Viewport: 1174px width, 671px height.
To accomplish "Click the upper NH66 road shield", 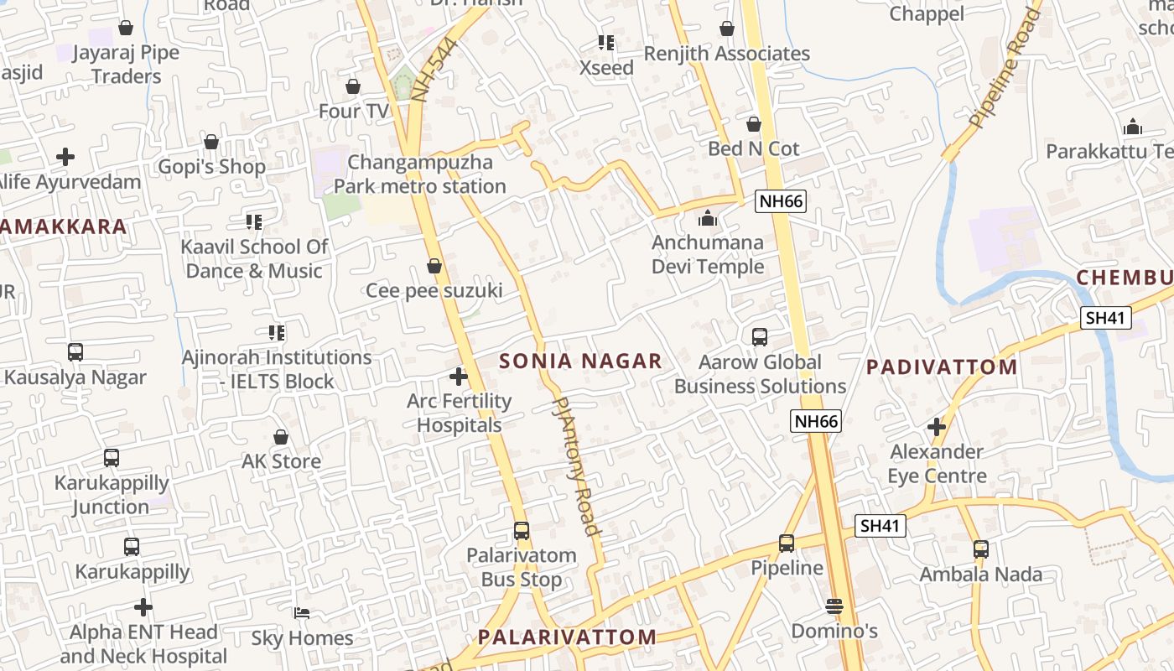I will (x=781, y=200).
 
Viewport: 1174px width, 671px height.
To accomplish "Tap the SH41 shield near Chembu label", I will (x=1106, y=318).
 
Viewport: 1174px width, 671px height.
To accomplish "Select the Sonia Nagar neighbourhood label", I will (x=580, y=362).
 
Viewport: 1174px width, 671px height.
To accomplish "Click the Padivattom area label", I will (x=942, y=367).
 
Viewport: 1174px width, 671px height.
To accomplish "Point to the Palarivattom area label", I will (x=568, y=637).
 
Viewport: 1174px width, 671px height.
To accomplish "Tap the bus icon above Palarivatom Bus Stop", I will (x=522, y=531).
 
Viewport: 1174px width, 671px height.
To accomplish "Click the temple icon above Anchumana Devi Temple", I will (x=708, y=219).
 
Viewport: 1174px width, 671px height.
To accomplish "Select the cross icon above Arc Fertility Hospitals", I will (x=459, y=377).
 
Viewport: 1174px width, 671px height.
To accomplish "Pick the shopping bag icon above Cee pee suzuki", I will (x=434, y=267).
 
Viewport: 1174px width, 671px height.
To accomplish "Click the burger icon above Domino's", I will (x=834, y=606).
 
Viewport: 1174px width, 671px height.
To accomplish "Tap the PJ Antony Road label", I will (x=577, y=466).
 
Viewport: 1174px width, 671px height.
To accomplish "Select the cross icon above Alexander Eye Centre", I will (x=937, y=427).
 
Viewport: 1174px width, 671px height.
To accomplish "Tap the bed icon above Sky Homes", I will (x=302, y=613).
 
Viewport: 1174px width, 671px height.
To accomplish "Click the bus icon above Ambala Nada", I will (x=981, y=549).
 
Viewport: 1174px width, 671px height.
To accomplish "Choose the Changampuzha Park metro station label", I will (x=420, y=174).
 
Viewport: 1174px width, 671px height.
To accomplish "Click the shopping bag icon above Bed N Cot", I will (x=754, y=124).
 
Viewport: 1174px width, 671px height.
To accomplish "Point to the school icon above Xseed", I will (x=606, y=42).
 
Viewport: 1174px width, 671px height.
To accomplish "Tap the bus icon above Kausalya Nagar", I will (x=75, y=352).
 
